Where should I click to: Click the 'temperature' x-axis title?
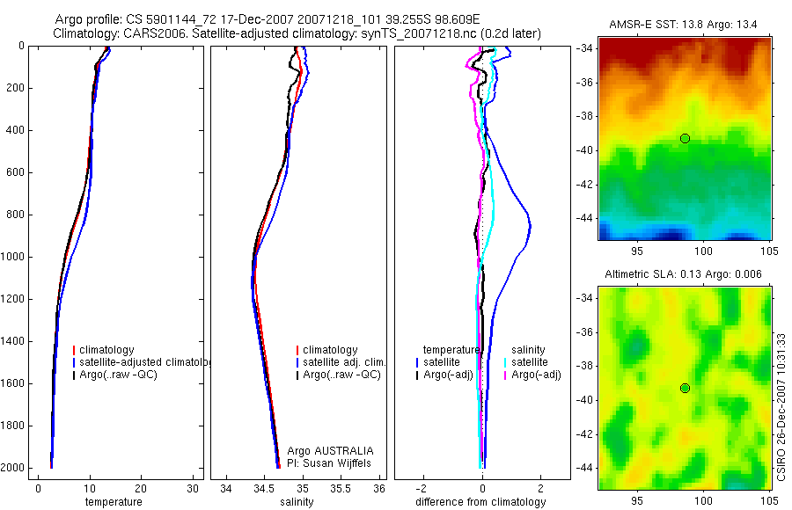[113, 502]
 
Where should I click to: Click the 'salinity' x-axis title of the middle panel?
[297, 502]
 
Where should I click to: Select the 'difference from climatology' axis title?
[480, 502]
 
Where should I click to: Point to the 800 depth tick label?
[13, 215]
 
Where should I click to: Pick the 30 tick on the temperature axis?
[193, 488]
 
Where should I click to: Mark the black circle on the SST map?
[685, 138]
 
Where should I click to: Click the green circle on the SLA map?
[685, 388]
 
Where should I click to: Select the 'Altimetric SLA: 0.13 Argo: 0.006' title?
[685, 276]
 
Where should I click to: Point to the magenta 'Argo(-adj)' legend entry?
[536, 375]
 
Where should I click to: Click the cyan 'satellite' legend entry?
[530, 362]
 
